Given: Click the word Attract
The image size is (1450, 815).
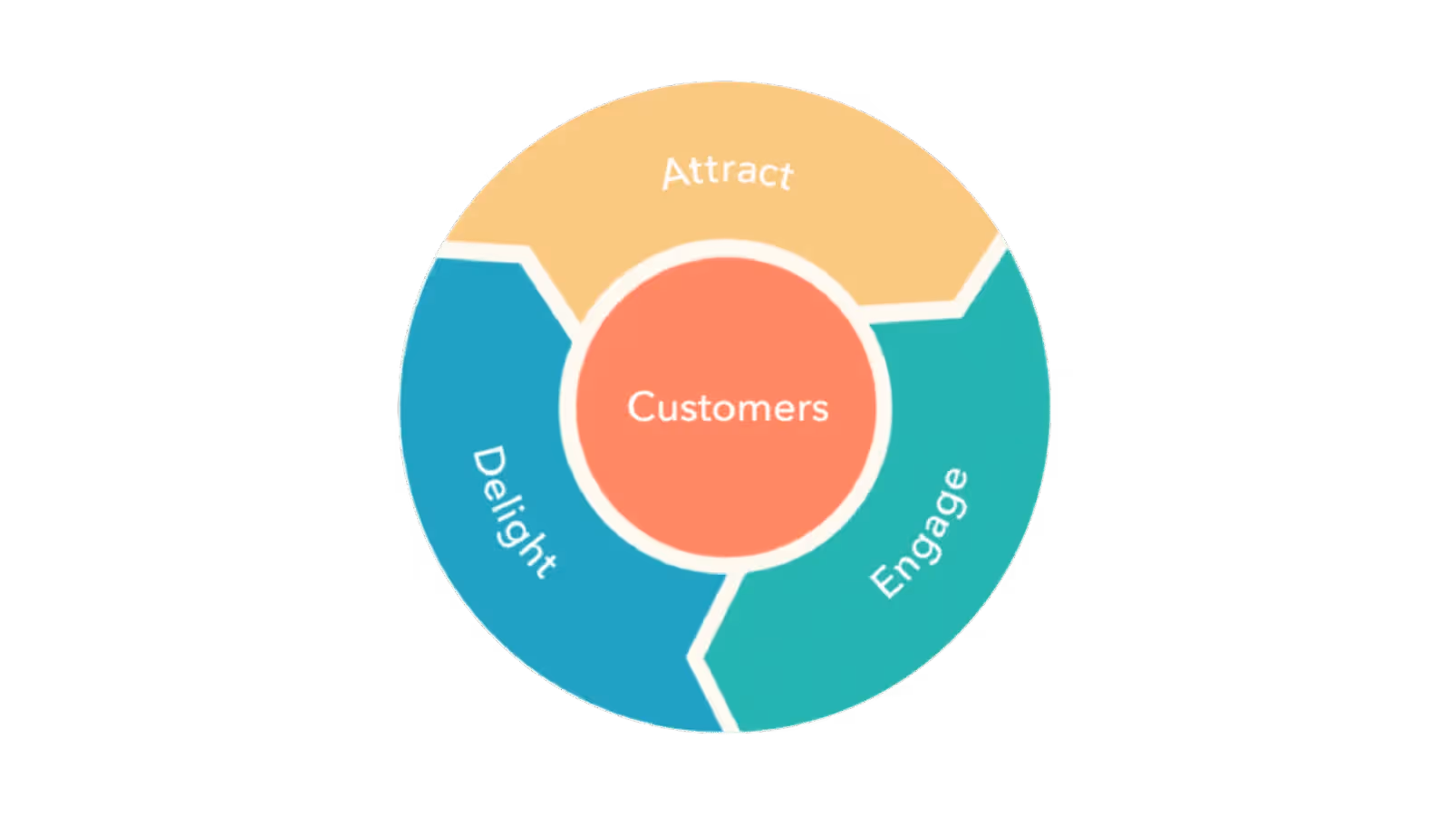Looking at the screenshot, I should tap(728, 172).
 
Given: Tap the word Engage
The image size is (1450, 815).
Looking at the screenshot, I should tap(919, 533).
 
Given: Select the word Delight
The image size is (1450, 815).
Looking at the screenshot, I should tap(513, 511).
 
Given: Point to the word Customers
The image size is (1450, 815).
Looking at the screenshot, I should tap(728, 407).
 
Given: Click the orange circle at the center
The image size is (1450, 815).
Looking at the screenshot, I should tap(728, 471).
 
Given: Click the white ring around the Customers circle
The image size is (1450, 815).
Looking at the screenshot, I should tap(569, 407).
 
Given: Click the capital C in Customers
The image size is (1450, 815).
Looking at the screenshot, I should tap(642, 407).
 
